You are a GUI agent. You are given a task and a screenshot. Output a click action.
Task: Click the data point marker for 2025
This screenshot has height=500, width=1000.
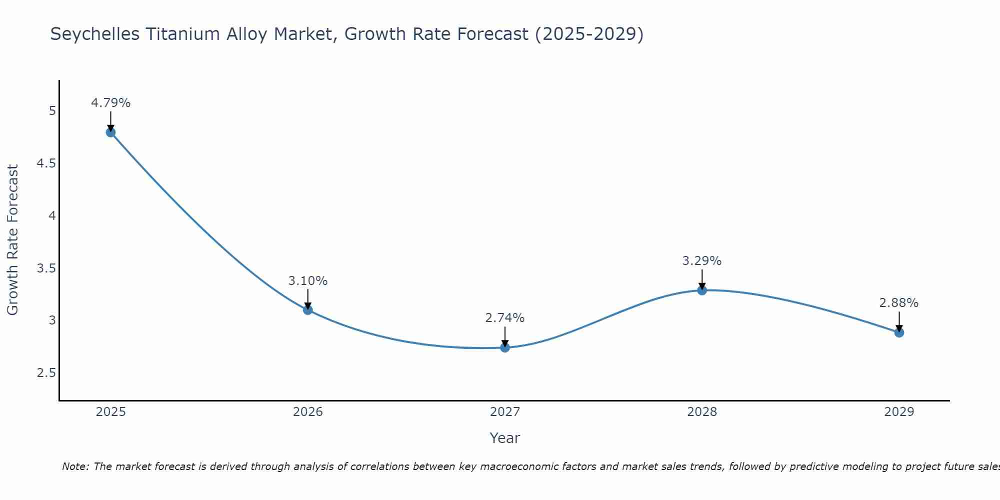(x=110, y=132)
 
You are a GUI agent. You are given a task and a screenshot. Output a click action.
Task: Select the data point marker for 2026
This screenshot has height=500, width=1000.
(x=307, y=310)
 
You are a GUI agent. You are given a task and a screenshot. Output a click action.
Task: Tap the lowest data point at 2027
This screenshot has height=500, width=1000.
(x=505, y=347)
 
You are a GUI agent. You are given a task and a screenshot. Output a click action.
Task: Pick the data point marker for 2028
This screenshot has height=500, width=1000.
(x=702, y=290)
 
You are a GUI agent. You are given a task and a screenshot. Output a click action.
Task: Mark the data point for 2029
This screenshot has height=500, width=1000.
(x=899, y=332)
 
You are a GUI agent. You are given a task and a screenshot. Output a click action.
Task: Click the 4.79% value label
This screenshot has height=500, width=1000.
(x=110, y=103)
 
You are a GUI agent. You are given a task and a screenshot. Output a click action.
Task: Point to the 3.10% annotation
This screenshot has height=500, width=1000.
(x=307, y=281)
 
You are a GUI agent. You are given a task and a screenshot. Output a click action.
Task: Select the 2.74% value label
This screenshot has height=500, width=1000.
(x=505, y=318)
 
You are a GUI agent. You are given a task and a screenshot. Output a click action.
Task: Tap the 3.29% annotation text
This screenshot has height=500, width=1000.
(x=702, y=261)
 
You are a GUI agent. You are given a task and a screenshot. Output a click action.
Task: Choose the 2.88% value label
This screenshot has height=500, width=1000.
(x=899, y=303)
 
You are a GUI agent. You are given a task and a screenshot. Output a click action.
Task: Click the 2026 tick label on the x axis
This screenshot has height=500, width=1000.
(x=307, y=412)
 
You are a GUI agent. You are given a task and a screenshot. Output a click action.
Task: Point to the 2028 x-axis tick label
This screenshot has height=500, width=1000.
(x=702, y=412)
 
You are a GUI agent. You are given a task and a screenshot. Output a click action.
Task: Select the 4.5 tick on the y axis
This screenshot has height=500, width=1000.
(x=46, y=163)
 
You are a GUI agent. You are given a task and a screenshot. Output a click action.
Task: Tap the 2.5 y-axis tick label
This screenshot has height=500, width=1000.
(x=46, y=373)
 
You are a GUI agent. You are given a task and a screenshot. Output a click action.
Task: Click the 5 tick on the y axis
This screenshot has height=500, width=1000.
(x=52, y=111)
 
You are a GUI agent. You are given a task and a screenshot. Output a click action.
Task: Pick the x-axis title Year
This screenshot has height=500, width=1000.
(x=505, y=438)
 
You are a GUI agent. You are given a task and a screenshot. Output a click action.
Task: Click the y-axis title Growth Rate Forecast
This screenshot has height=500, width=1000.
(x=12, y=240)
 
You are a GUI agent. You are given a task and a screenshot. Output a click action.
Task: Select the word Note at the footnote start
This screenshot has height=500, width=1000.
(x=75, y=466)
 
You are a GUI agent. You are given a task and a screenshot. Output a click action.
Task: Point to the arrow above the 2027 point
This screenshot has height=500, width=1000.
(x=505, y=337)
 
